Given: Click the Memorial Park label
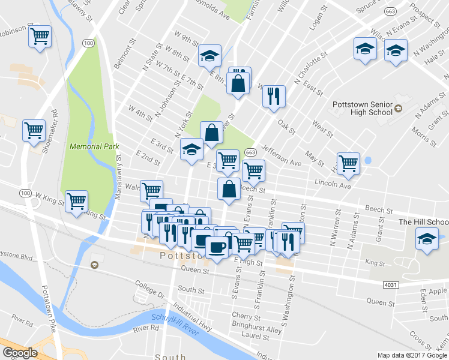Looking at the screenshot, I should pos(94,146).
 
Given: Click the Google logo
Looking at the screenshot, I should pos(20,353).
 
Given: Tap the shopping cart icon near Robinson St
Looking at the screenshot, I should pos(40,37).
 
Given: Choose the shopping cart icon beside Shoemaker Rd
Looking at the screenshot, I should pos(34,130).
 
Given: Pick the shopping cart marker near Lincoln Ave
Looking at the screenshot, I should pos(348,163).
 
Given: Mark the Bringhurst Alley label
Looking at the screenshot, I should pos(256,329).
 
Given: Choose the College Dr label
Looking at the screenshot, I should pos(149,289).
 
